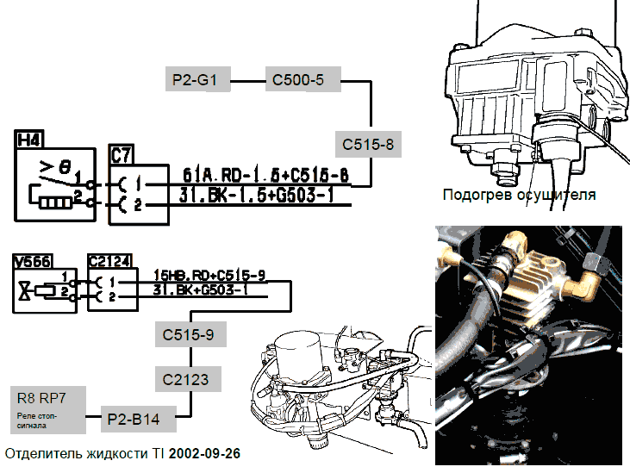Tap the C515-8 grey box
(x=367, y=144)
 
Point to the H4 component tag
(x=30, y=138)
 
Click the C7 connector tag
(x=122, y=155)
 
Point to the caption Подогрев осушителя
(x=519, y=195)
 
